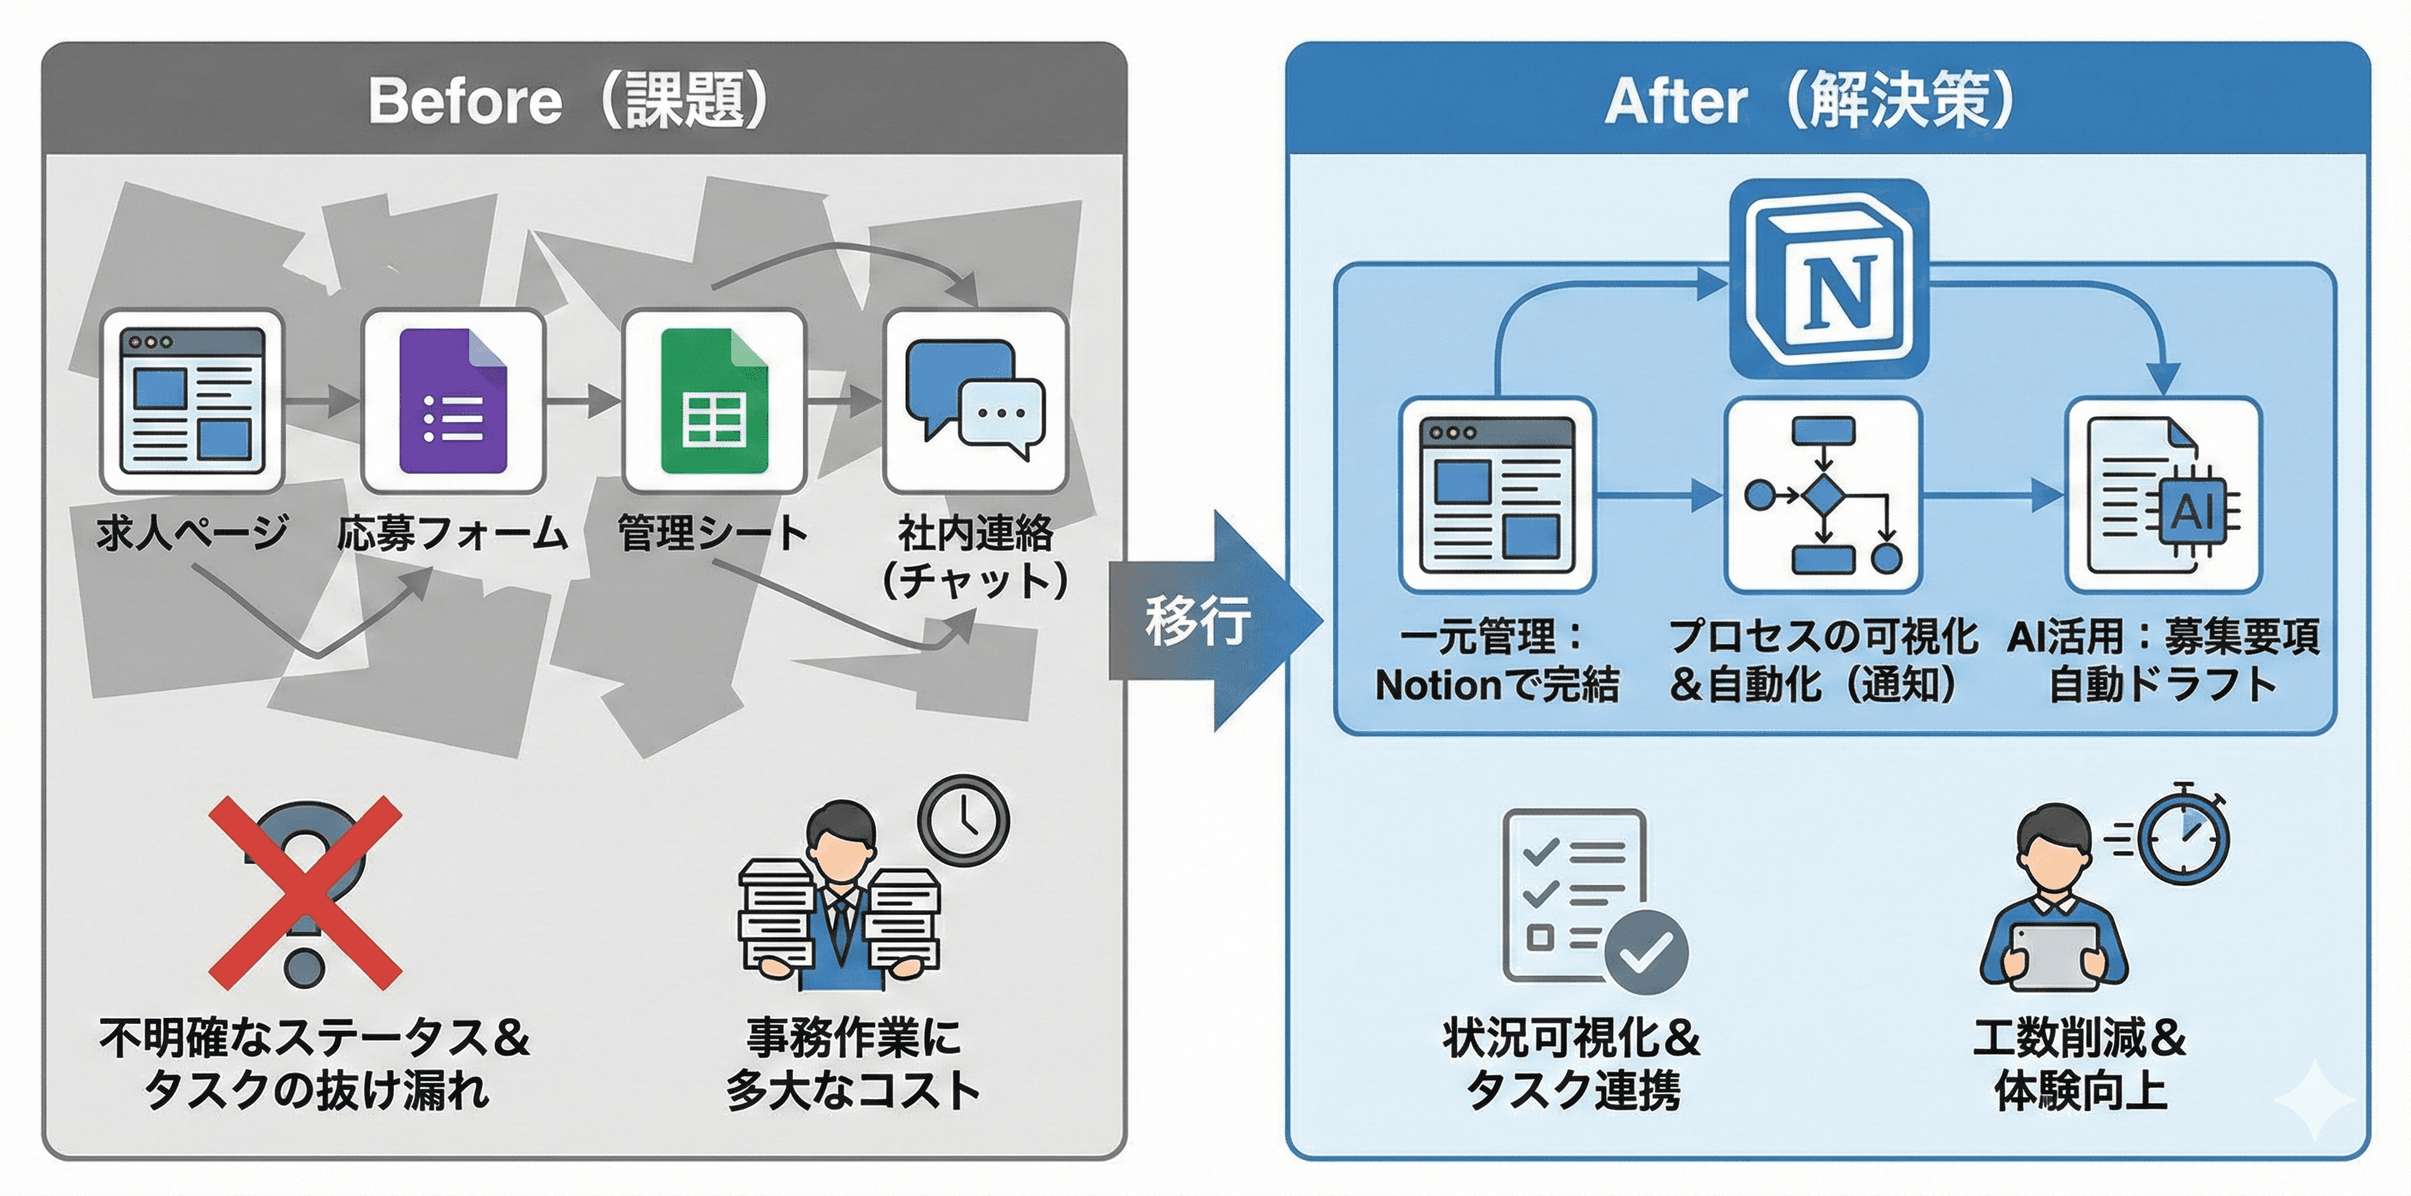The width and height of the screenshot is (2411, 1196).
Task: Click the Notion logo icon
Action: coord(1829,279)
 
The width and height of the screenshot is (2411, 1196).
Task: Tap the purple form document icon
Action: coord(453,401)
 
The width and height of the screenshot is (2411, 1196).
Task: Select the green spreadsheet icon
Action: coord(714,401)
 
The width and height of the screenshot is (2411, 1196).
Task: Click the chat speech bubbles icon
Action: coord(975,401)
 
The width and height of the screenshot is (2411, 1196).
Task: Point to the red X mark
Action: coord(305,893)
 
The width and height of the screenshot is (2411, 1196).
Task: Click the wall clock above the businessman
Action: coord(964,821)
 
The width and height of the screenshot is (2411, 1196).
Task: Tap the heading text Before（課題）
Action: coord(569,100)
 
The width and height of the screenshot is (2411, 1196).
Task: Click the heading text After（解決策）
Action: coord(1809,100)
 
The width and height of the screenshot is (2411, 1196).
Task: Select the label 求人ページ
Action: coord(192,533)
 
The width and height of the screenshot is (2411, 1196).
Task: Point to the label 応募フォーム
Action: coord(453,533)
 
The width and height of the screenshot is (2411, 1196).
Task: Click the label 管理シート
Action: coord(713,533)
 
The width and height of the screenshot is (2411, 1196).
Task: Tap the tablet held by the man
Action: coord(2056,956)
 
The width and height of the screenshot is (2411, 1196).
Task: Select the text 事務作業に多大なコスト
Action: coord(854,1064)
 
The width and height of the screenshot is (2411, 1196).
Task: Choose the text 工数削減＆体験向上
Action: coord(2080,1064)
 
